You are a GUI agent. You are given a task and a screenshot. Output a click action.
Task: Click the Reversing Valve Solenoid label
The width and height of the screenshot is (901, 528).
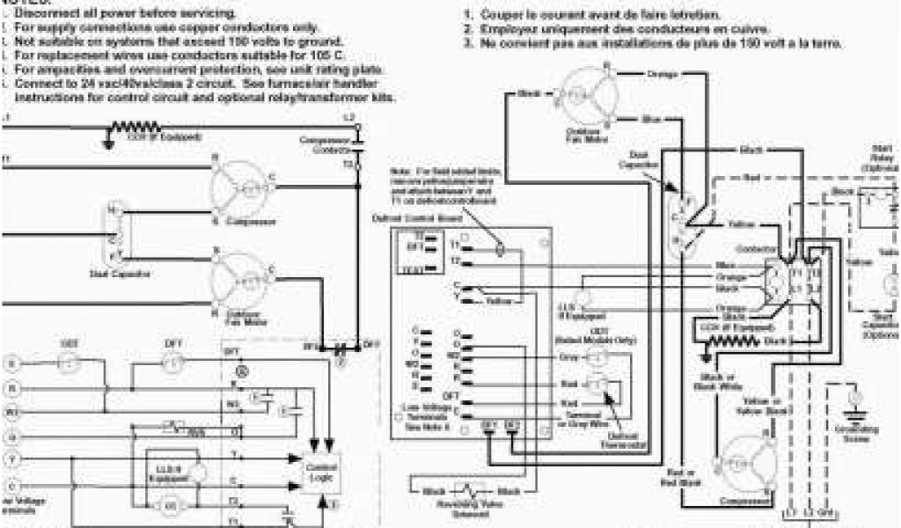[x=473, y=510]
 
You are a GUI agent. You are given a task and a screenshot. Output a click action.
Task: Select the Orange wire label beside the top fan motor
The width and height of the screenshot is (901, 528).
[x=662, y=74]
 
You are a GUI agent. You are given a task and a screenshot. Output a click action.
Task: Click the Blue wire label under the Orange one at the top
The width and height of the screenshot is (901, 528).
[x=652, y=118]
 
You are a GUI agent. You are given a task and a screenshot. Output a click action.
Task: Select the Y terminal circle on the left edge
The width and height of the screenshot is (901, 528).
[x=11, y=458]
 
